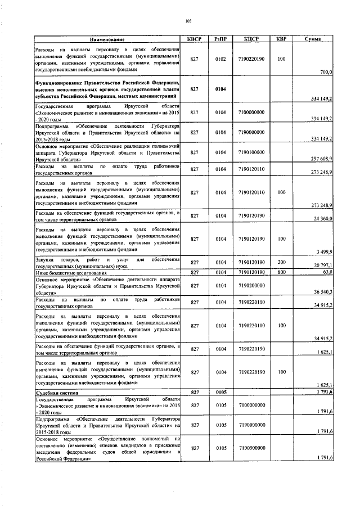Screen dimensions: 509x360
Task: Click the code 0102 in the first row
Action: (x=221, y=58)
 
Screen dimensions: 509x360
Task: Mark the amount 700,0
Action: (x=326, y=72)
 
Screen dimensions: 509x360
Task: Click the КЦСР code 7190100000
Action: (x=251, y=152)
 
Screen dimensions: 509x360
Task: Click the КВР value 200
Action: (x=281, y=262)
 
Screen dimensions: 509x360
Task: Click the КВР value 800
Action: (x=281, y=273)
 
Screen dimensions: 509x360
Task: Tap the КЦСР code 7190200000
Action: (x=251, y=285)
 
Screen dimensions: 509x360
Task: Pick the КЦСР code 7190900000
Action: (x=251, y=448)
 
